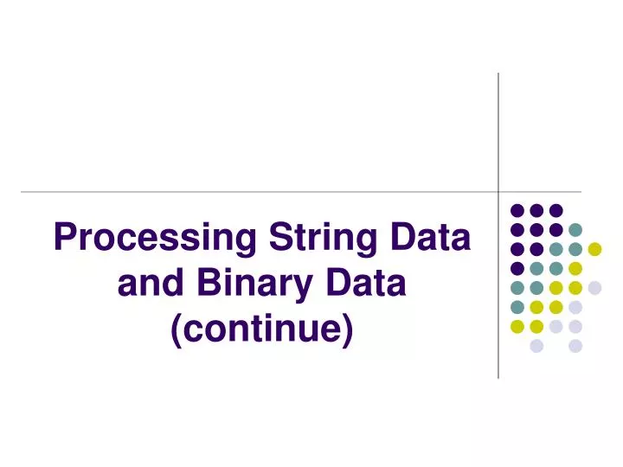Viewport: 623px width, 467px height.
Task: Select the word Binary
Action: (x=248, y=284)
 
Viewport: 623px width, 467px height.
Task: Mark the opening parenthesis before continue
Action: (x=177, y=330)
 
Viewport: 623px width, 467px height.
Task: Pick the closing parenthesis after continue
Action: (x=348, y=330)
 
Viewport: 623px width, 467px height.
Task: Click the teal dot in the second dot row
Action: (x=575, y=229)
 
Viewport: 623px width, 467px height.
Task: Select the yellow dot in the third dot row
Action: (x=594, y=249)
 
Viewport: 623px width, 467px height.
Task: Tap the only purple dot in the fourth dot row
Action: (x=517, y=268)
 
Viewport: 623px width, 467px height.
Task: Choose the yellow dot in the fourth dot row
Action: (x=575, y=268)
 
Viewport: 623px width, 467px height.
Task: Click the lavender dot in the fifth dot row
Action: (x=594, y=287)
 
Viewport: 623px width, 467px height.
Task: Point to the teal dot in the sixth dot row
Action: (x=517, y=307)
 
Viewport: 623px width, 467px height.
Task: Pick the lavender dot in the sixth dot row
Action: (x=575, y=307)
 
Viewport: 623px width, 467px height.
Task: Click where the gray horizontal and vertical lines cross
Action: (x=498, y=191)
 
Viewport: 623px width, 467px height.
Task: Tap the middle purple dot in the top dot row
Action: (x=536, y=210)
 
